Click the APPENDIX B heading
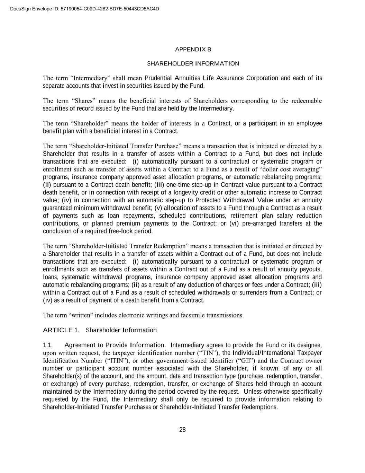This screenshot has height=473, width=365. [x=193, y=50]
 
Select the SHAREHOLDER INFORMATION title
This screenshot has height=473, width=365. [x=193, y=64]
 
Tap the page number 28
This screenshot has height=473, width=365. [x=183, y=430]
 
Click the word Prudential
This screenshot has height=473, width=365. [x=158, y=78]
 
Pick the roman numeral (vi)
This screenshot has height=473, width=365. [x=234, y=224]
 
